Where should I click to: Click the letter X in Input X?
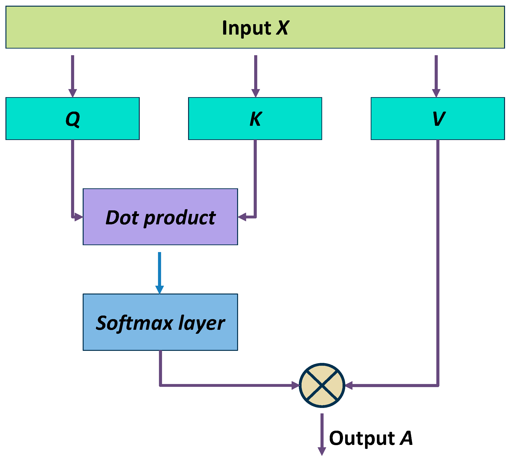(x=282, y=27)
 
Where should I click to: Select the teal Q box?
(x=73, y=118)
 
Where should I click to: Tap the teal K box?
(x=255, y=118)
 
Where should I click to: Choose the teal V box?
(x=438, y=118)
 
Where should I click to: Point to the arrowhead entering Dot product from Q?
(x=79, y=217)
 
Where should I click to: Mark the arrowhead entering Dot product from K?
(x=242, y=217)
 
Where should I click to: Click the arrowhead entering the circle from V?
(x=349, y=385)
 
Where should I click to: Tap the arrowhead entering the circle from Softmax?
(x=295, y=385)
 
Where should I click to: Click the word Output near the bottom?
(x=362, y=438)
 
